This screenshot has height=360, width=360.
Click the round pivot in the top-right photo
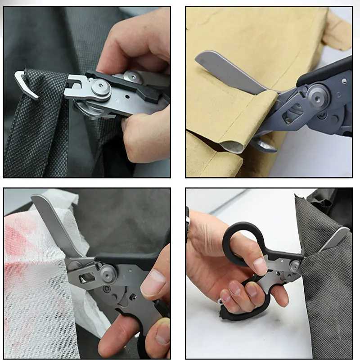click(318, 95)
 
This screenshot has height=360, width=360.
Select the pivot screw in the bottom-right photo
click(294, 266)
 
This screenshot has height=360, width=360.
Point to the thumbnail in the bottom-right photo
click(260, 266)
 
